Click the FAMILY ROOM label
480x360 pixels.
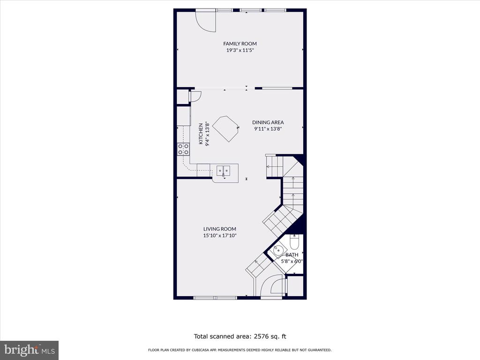coord(240,44)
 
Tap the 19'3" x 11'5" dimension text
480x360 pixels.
coord(240,50)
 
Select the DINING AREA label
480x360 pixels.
coord(268,122)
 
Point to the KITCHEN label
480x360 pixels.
coord(201,134)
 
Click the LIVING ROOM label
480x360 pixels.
coord(220,229)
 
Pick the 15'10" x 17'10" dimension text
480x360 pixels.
coord(220,235)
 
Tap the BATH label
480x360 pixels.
coord(292,255)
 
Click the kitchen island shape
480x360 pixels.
coord(225,128)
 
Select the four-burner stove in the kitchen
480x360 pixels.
coord(183,149)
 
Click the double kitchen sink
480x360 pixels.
coord(224,171)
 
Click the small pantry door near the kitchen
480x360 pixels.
coord(195,97)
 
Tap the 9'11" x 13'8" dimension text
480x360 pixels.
coord(268,129)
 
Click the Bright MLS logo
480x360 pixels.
coord(30,350)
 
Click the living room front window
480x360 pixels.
coord(216,298)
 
